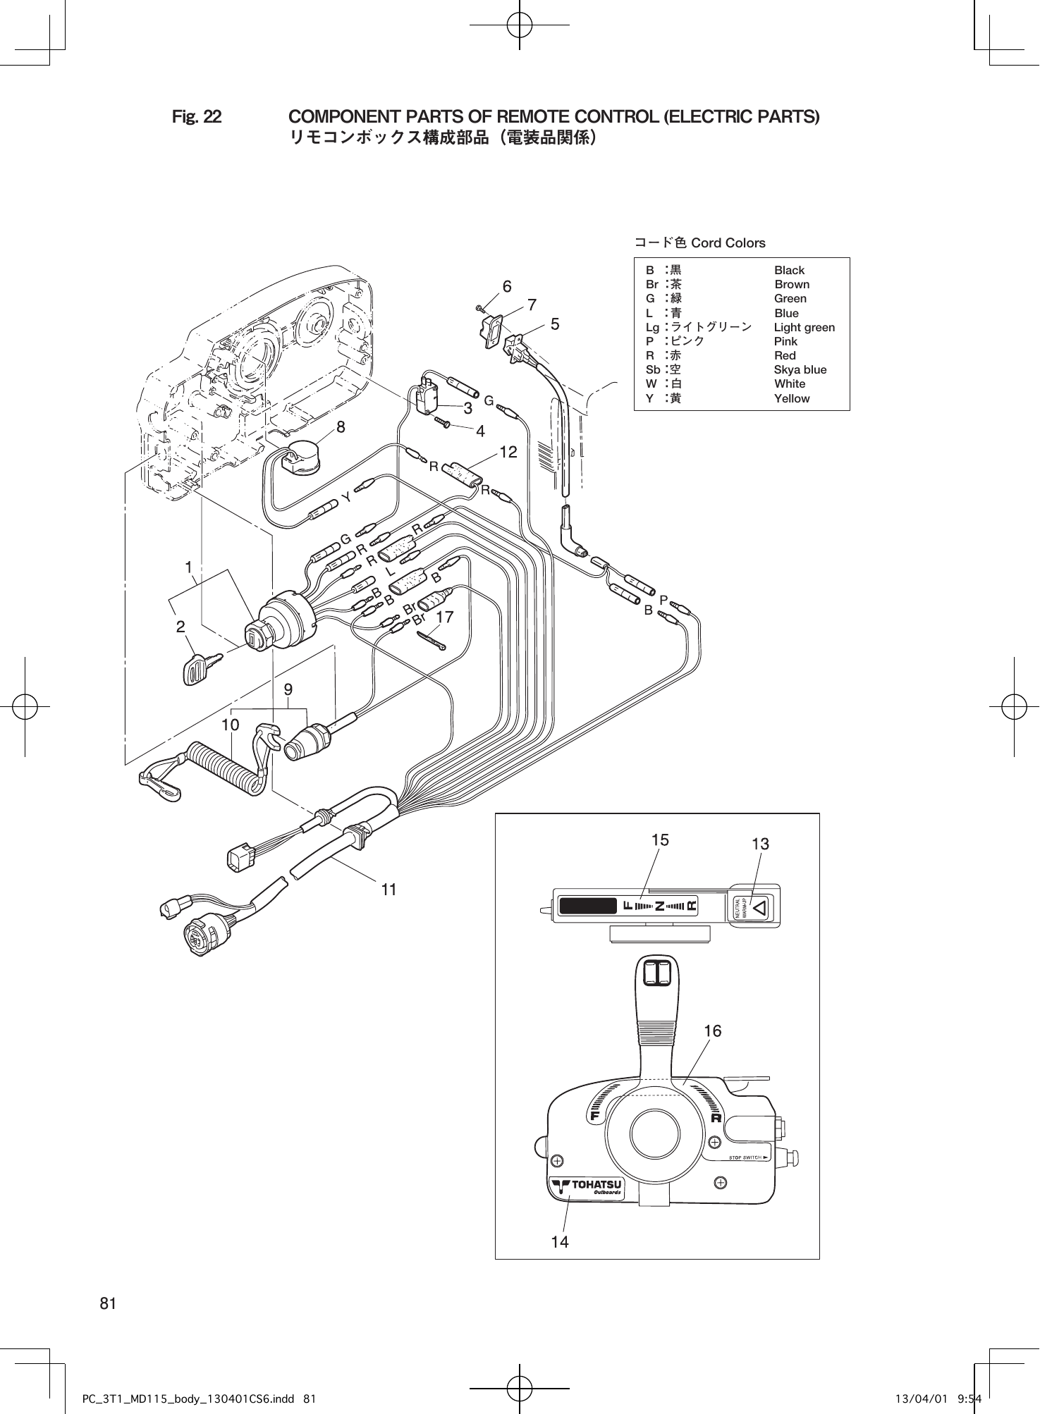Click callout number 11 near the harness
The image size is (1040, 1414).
coord(389,890)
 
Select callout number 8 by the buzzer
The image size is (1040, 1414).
coord(341,426)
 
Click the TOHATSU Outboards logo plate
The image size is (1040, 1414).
coord(587,1187)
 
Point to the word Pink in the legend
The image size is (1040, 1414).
coord(785,341)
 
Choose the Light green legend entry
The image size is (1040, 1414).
coord(804,327)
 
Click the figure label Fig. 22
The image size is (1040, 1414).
coord(197,116)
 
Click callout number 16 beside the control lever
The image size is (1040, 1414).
coord(713,1031)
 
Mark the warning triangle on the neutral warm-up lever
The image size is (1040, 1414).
coord(759,907)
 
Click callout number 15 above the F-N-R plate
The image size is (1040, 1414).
coord(660,840)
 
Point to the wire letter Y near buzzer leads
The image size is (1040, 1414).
coord(346,498)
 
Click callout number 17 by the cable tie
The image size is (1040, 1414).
coord(445,617)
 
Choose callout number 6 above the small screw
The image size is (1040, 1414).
coord(506,286)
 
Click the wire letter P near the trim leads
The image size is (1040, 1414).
coord(663,599)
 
